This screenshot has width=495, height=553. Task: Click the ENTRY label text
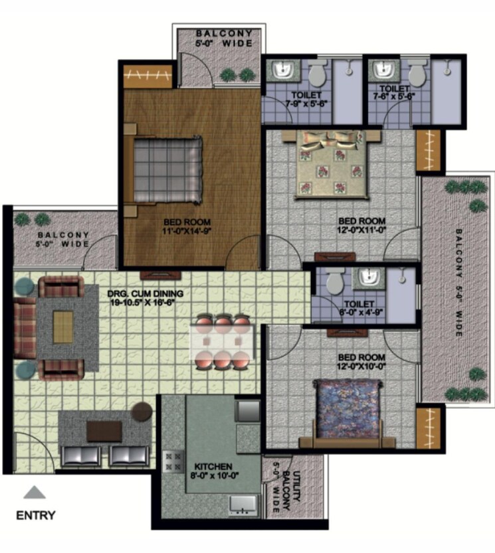36,515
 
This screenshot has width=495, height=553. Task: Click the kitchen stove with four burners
172,461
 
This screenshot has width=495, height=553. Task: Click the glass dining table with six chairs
223,342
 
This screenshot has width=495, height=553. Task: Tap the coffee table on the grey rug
64,327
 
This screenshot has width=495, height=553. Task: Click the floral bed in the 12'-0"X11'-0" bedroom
330,163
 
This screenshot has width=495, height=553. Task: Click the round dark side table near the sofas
142,412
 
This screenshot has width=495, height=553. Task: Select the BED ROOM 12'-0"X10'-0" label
357,361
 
